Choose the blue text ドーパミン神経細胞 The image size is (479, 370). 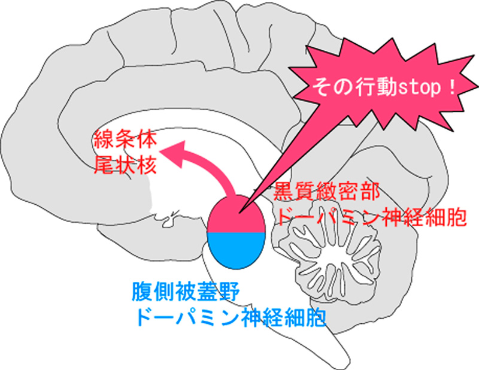[231, 316]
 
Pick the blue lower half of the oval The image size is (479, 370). [236, 248]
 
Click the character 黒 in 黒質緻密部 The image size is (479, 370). [282, 194]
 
